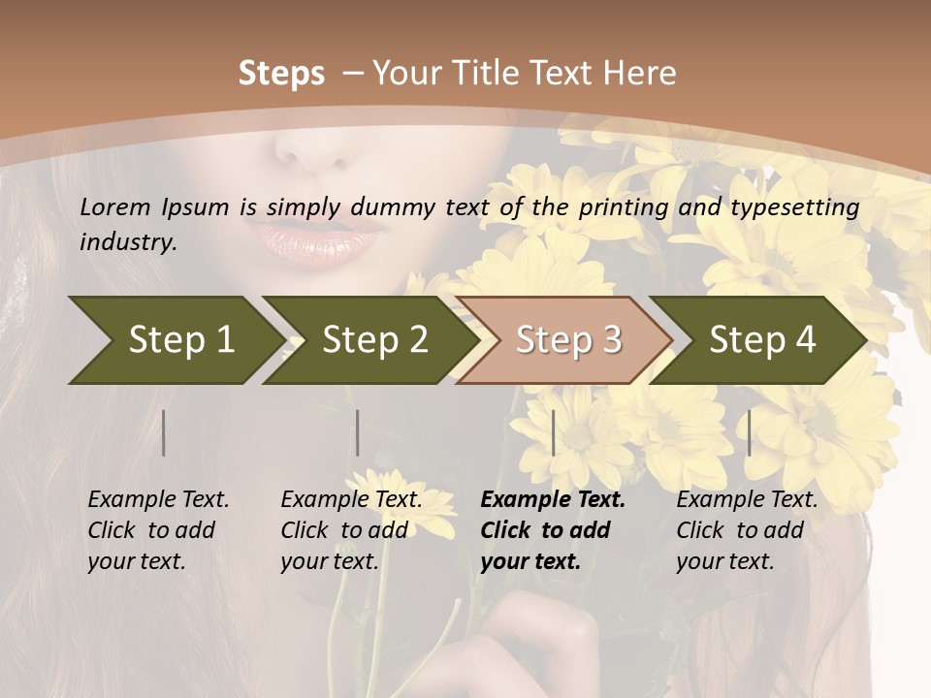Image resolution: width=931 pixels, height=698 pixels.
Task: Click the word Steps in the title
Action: (x=281, y=73)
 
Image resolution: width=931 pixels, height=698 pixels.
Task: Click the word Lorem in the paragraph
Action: (x=115, y=206)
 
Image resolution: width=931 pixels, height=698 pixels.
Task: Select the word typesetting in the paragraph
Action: (x=794, y=207)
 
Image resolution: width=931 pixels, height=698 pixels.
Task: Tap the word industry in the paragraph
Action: (x=128, y=241)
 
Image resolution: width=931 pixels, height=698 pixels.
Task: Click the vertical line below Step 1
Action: (x=164, y=432)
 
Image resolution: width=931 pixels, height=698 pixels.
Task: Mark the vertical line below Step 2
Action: (x=358, y=432)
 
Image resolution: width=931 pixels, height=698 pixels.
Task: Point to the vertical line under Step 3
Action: (x=553, y=432)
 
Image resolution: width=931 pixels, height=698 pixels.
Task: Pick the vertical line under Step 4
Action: (x=749, y=432)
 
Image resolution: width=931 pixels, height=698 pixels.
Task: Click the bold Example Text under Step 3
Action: (x=553, y=500)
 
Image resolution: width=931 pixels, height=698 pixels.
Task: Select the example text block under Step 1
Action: (x=158, y=530)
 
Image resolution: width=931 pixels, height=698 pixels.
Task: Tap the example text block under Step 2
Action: (x=351, y=530)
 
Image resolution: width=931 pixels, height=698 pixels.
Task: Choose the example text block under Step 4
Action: (x=747, y=530)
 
